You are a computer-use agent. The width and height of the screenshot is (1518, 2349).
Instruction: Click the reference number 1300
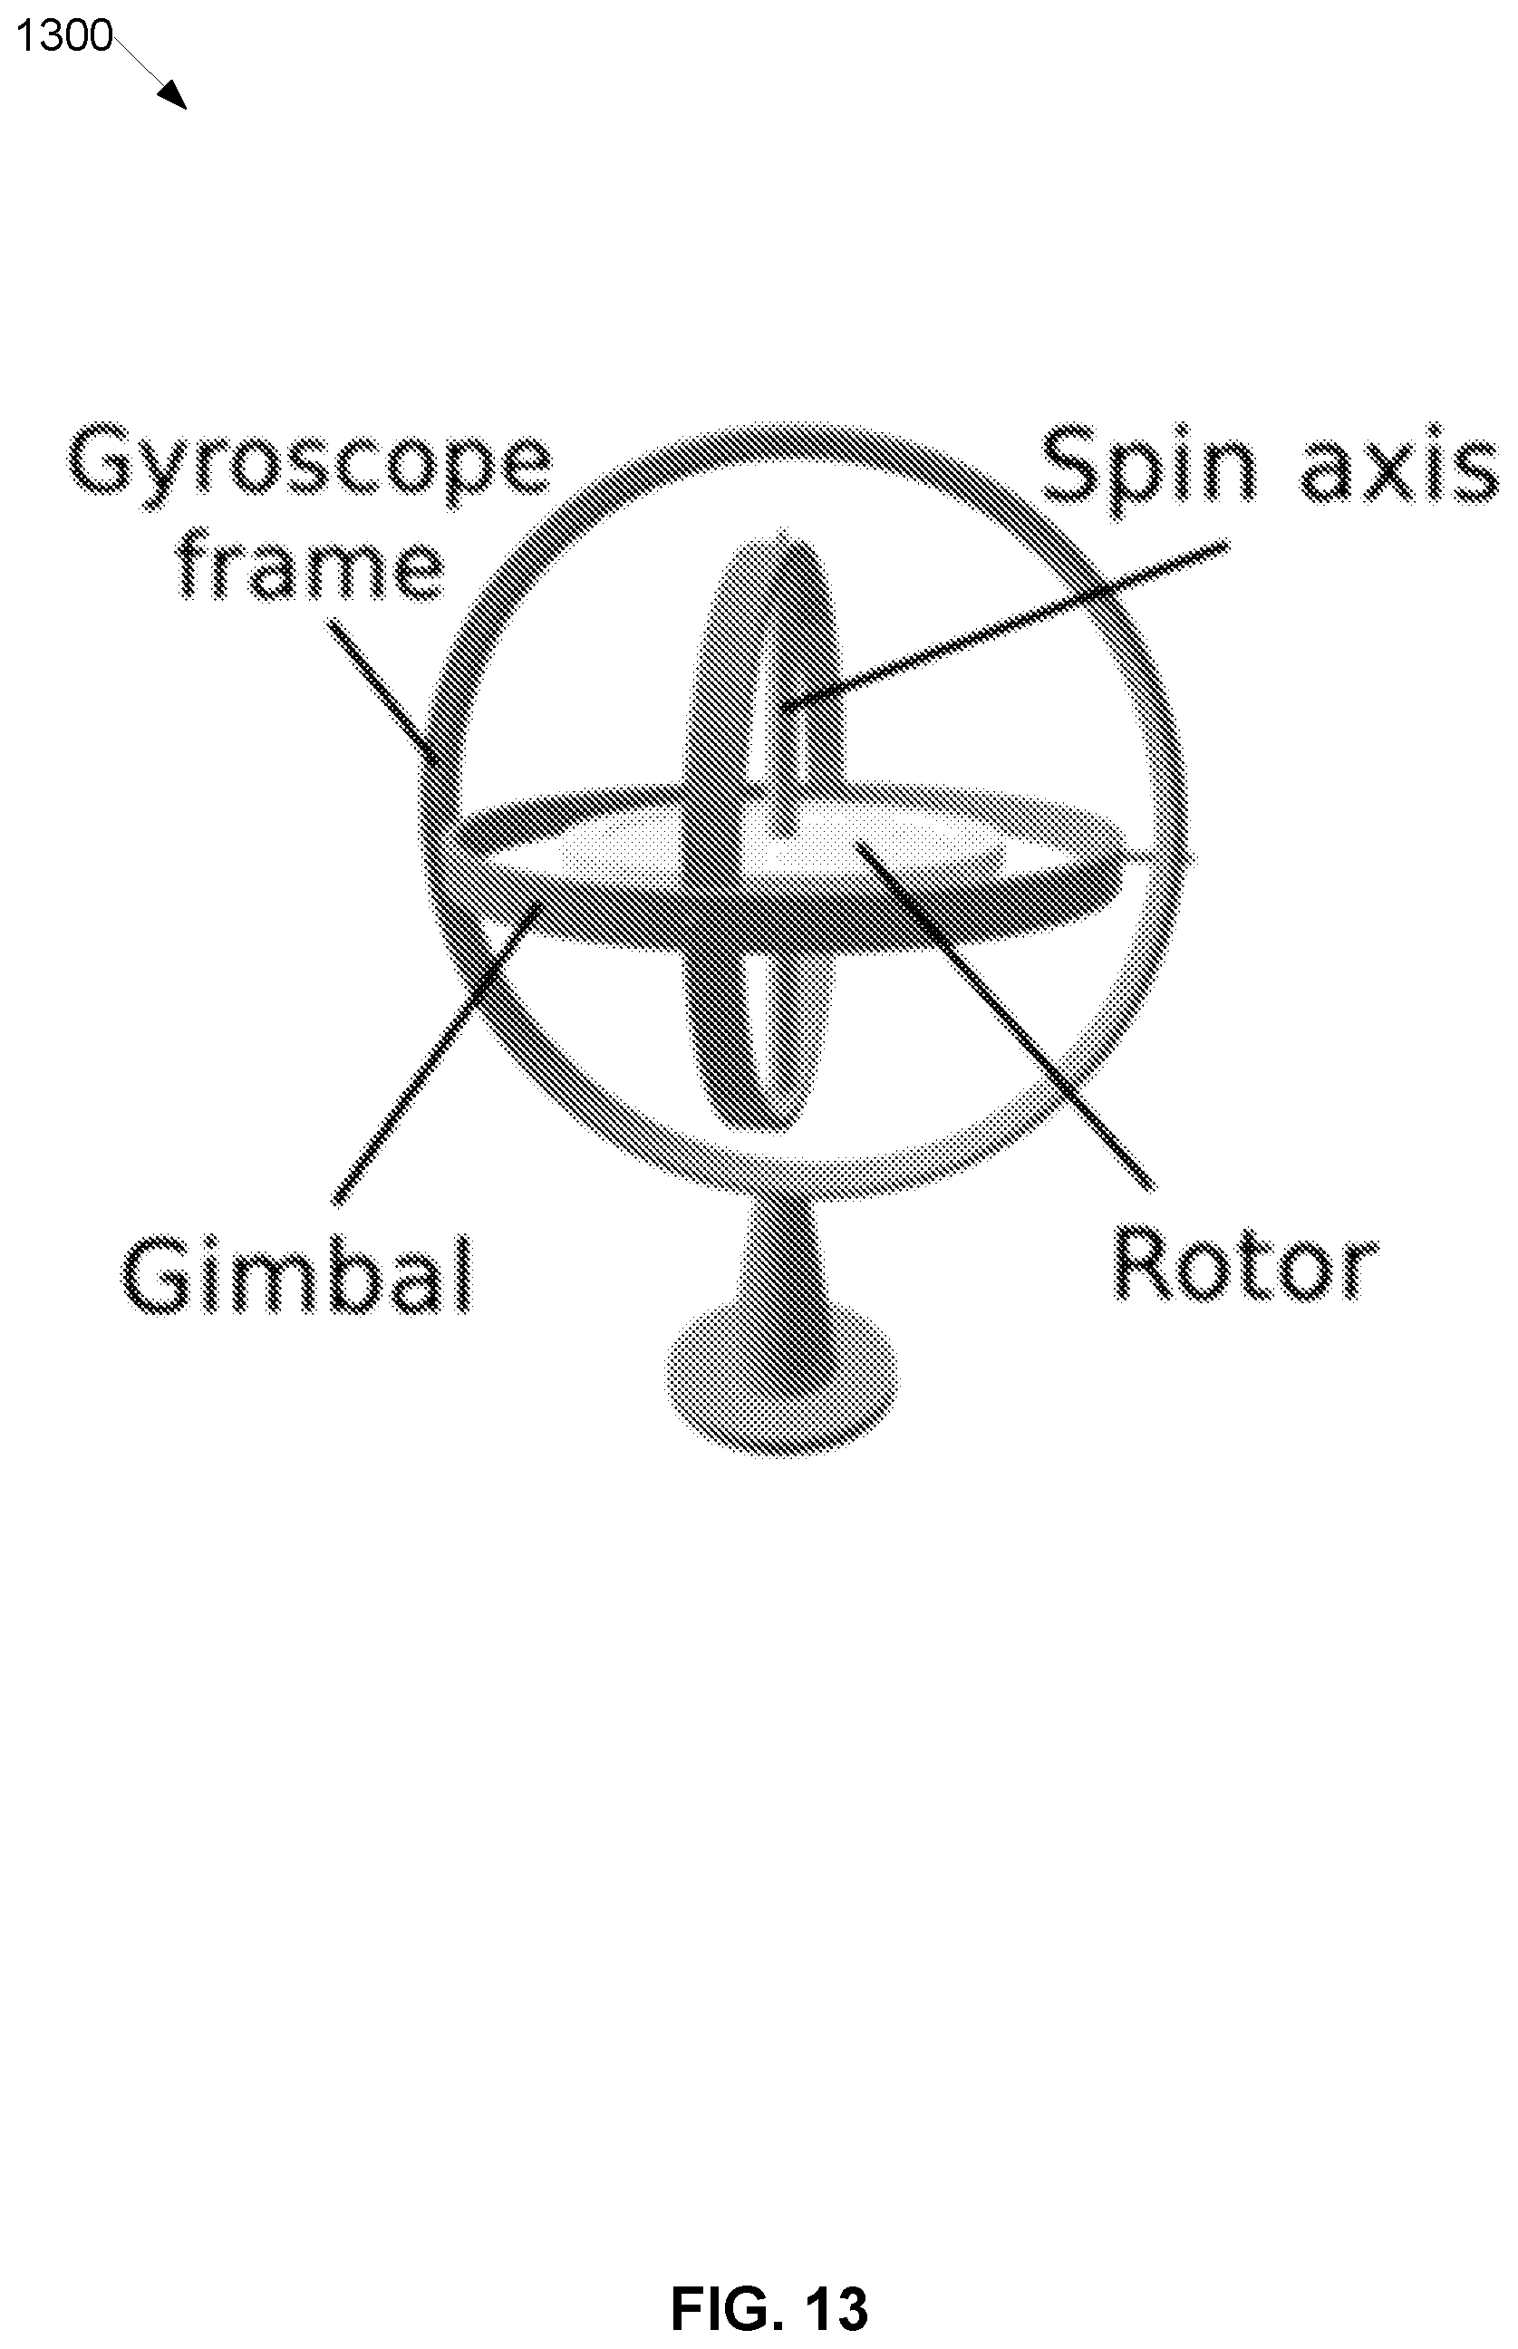[x=64, y=36]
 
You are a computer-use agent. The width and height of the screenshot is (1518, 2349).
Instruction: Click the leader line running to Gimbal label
[x=437, y=1053]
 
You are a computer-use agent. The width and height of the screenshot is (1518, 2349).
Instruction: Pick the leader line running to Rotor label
[x=1004, y=1013]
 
